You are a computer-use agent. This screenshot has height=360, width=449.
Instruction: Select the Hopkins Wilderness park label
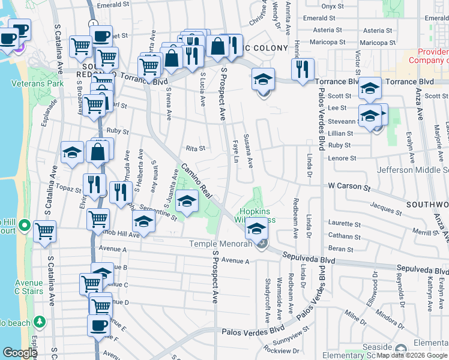258,215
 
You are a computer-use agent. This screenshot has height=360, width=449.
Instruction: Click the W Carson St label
349,187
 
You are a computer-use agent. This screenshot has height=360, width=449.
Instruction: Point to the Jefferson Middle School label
413,170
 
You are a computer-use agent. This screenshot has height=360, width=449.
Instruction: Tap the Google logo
20,353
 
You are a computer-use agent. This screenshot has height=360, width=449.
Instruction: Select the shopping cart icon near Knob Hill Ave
98,219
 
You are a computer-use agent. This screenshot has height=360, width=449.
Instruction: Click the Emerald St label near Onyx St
315,19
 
